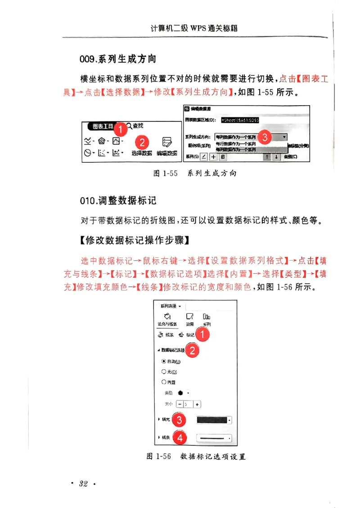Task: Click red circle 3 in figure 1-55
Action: [x=265, y=137]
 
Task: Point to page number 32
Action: [x=83, y=484]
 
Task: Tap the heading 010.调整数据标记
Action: [x=118, y=201]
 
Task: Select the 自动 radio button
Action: [x=163, y=361]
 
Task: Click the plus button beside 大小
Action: [x=197, y=404]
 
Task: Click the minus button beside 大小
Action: [x=180, y=404]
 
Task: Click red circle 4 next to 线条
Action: [x=179, y=437]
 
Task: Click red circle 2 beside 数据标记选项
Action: [x=192, y=351]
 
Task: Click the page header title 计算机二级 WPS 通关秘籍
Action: [x=194, y=28]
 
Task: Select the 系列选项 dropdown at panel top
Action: [x=171, y=306]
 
